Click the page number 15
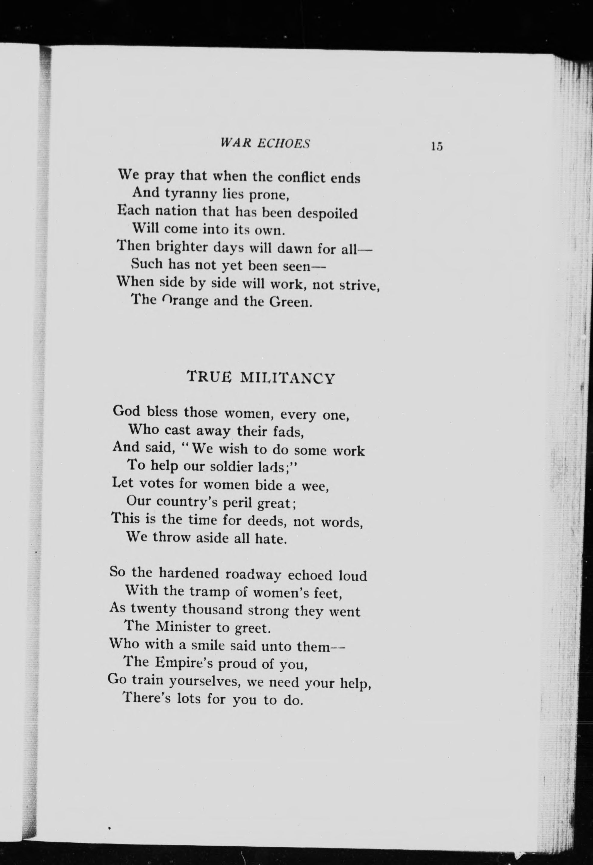point(436,146)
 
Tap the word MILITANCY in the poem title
point(287,378)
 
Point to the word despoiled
point(328,213)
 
